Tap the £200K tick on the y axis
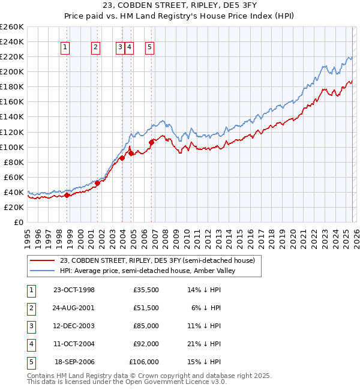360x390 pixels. (12, 71)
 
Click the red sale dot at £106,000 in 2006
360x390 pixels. (152, 142)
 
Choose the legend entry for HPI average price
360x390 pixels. (147, 270)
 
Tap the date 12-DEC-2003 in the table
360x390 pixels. (74, 326)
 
